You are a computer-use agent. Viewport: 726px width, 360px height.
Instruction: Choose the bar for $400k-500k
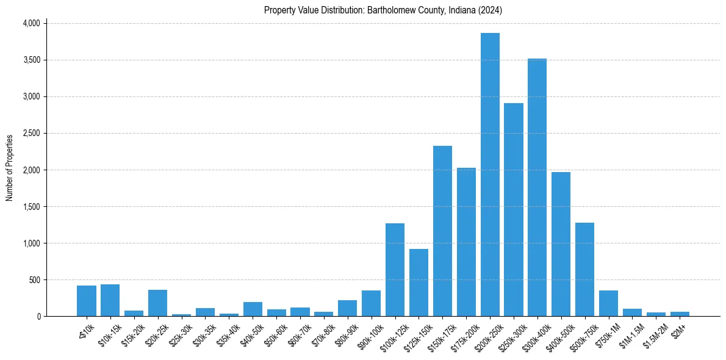tap(561, 244)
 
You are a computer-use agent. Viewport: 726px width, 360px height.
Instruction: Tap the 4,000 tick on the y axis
tap(31, 23)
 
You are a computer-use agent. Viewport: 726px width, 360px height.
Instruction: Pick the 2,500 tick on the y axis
tap(31, 133)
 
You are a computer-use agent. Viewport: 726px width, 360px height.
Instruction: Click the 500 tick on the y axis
tap(34, 279)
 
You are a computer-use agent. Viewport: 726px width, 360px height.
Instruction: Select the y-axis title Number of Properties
tap(9, 167)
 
